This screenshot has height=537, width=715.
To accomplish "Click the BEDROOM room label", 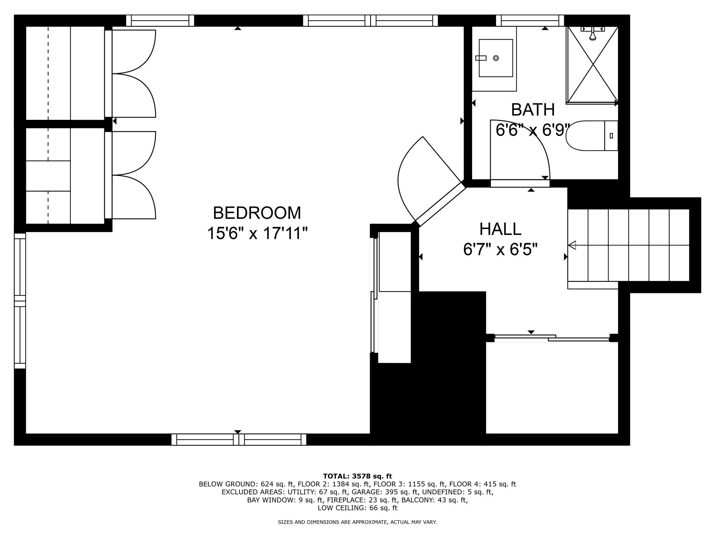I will coord(257,213).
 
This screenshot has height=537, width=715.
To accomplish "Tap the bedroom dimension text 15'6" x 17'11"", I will coord(257,233).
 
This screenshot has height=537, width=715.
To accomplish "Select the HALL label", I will coord(500,229).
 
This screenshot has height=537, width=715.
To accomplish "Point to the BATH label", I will coord(532,110).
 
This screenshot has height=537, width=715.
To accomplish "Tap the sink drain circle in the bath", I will coord(496,58).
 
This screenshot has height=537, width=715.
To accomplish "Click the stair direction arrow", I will coord(572,245).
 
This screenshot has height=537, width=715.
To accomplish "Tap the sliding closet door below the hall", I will coord(552,338).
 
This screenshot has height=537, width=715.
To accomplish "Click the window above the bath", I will coord(530,21).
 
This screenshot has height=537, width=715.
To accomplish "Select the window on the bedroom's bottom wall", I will coord(238,439).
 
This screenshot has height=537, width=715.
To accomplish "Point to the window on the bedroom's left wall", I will coord(20,301).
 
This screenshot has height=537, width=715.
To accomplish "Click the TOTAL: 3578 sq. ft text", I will coord(357,476).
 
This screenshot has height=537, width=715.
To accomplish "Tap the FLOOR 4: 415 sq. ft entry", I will coord(482,484).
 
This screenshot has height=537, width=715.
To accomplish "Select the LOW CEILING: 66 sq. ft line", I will coord(357,508).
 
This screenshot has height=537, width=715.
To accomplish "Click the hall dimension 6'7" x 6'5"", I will coord(500,250).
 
